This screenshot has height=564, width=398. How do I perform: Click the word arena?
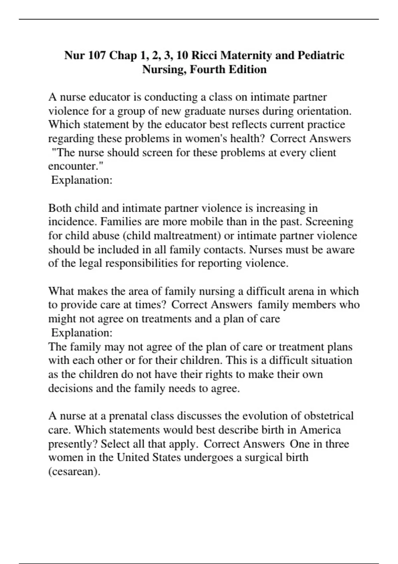300,291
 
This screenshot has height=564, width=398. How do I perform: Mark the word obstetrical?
329,416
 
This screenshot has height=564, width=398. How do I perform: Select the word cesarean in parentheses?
74,471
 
